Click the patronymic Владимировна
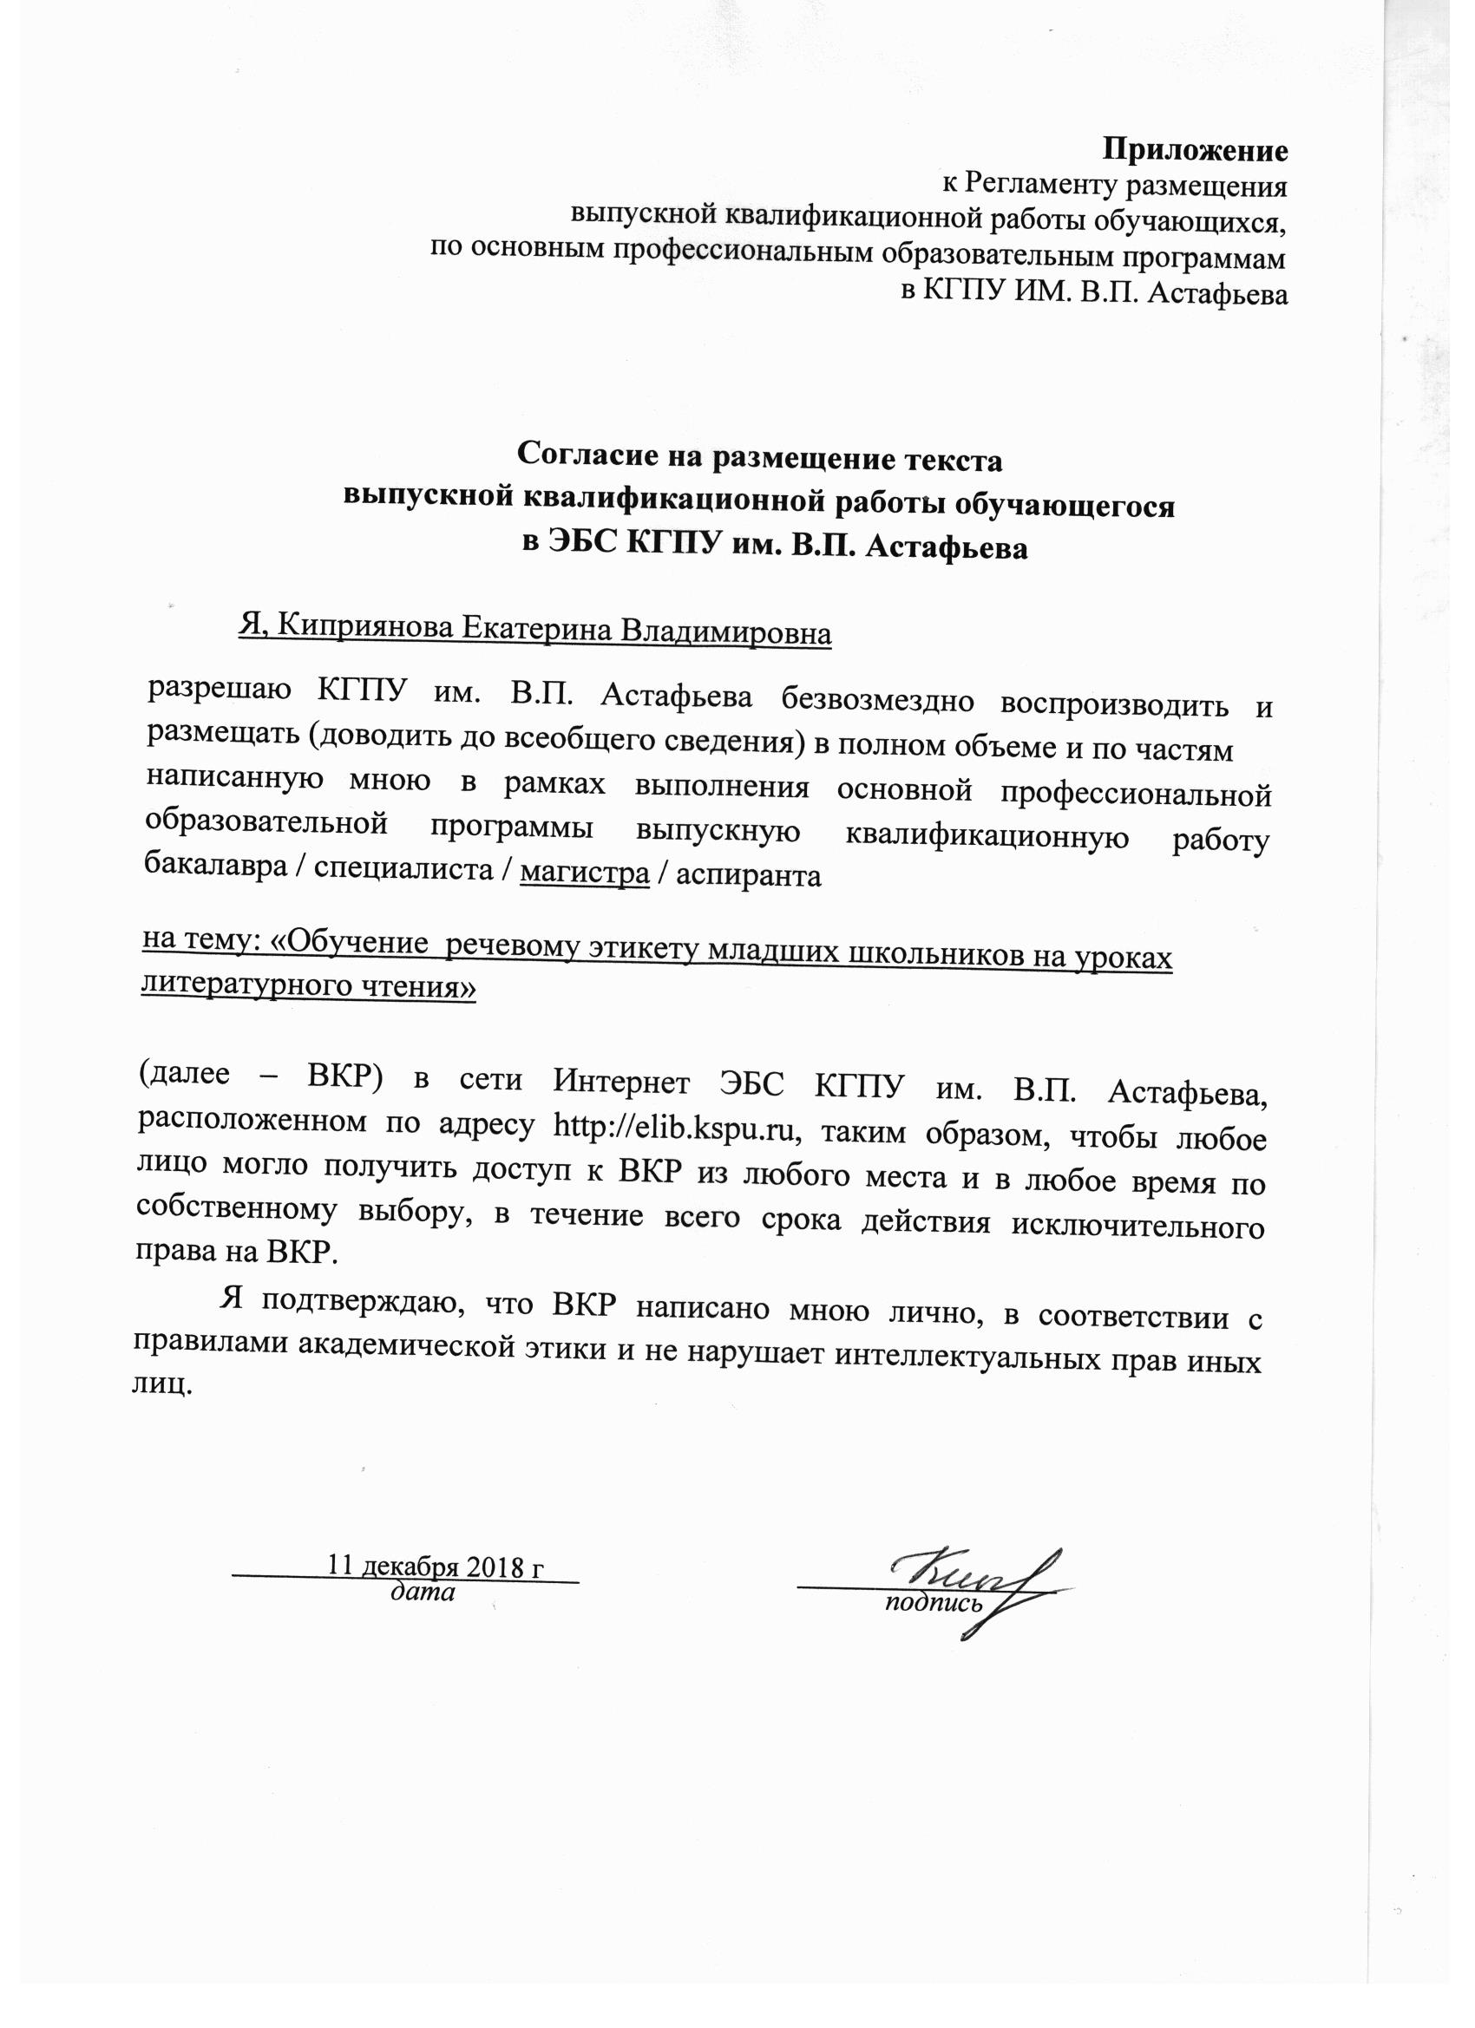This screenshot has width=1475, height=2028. click(x=725, y=632)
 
